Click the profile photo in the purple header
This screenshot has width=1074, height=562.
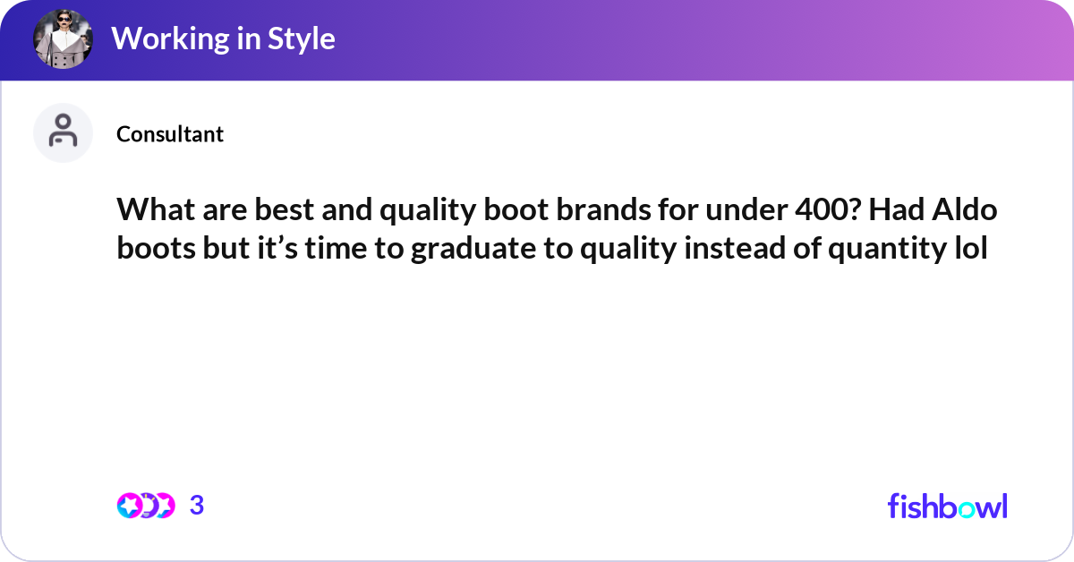click(x=63, y=40)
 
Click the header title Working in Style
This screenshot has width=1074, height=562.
click(x=223, y=39)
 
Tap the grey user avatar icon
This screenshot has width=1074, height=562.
click(x=63, y=132)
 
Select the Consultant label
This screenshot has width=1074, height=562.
click(x=170, y=134)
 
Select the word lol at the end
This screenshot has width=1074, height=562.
click(x=968, y=250)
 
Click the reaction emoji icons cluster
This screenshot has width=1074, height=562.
click(x=145, y=506)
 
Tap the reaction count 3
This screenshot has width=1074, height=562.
click(x=197, y=506)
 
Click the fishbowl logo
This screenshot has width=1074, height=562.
click(x=947, y=506)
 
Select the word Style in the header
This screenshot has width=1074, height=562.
click(x=302, y=39)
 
